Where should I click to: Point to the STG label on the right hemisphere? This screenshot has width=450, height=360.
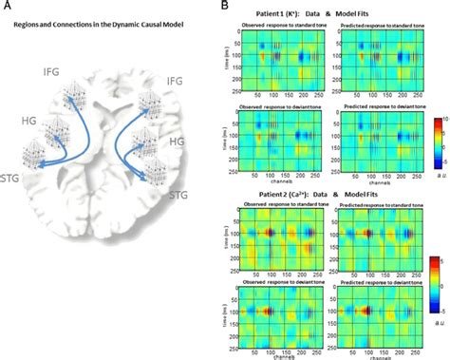pyautogui.click(x=191, y=194)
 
